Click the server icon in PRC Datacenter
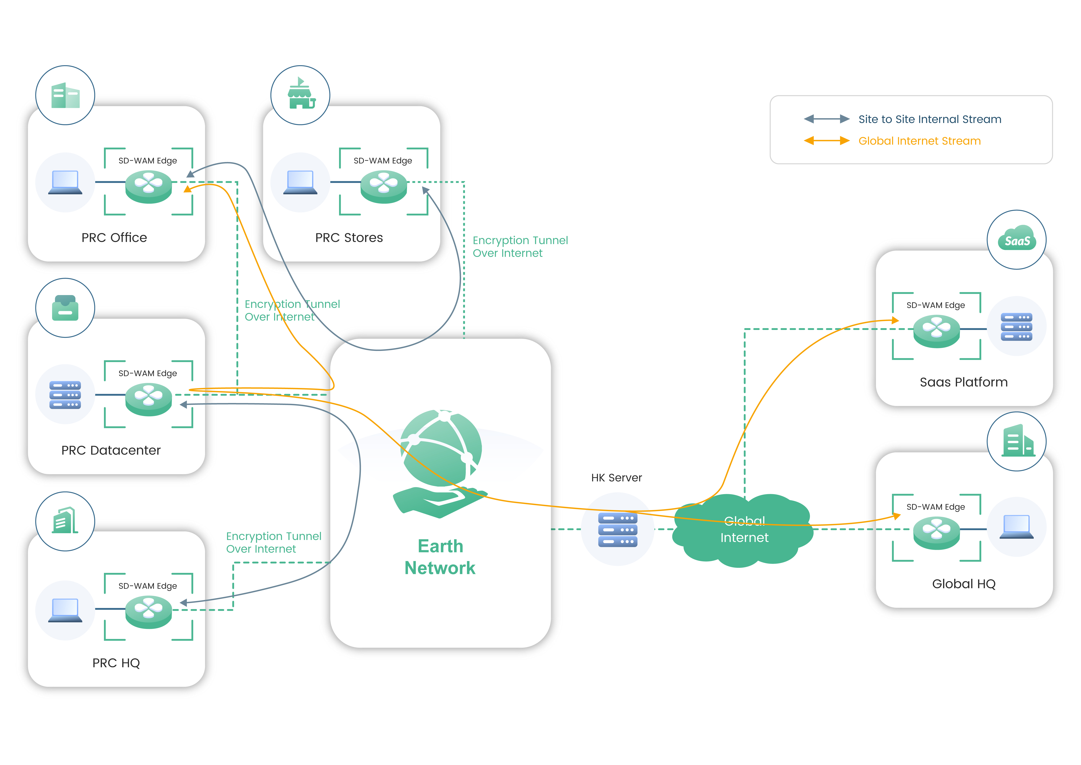pyautogui.click(x=65, y=395)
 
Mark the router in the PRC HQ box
pyautogui.click(x=148, y=611)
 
